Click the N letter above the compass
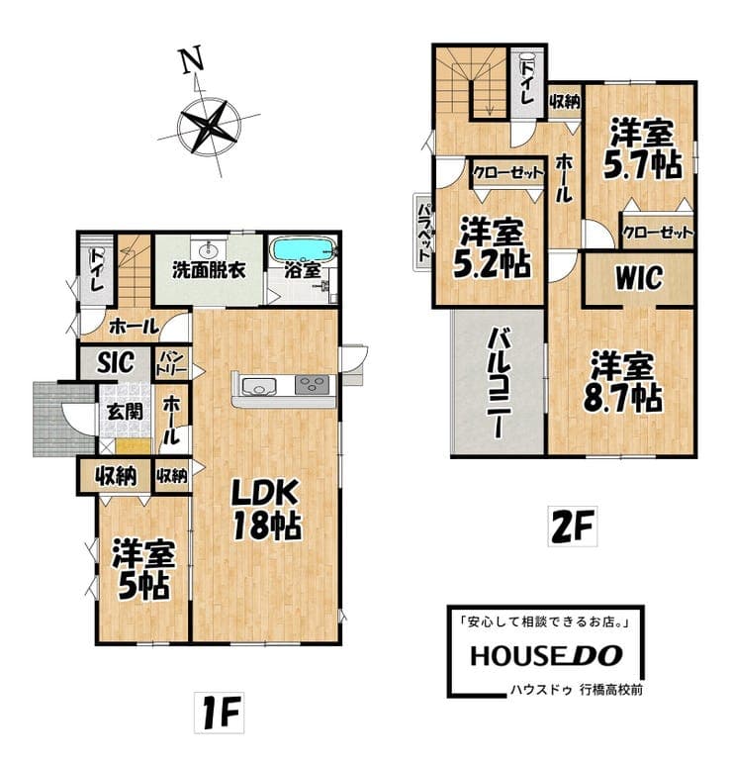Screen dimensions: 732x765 tap(193, 59)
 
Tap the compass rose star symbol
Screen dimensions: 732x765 tap(209, 126)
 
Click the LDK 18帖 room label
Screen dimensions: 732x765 tap(266, 509)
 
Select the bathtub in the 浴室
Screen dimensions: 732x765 tap(303, 250)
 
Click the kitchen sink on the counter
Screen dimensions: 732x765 tap(259, 386)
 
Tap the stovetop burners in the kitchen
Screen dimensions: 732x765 tap(313, 385)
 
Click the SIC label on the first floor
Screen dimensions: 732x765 tap(115, 362)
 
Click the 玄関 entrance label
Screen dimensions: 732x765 tap(126, 412)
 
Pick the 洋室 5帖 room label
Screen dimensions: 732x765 tap(143, 569)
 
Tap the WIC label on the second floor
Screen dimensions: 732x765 tap(639, 278)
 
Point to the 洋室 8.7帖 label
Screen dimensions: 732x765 tap(623, 382)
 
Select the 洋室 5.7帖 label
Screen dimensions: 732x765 tap(643, 148)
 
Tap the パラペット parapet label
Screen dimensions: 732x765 tap(423, 232)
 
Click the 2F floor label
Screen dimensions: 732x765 tap(572, 526)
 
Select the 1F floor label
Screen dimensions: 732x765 tap(219, 712)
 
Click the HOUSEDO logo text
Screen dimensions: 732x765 tap(546, 656)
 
